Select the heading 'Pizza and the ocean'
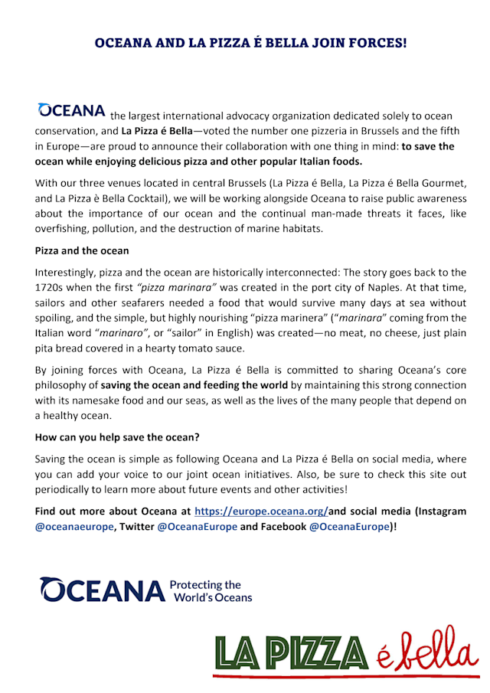click(x=82, y=250)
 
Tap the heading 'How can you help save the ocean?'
click(x=117, y=439)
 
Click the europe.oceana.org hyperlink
click(x=262, y=511)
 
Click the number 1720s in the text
click(x=52, y=287)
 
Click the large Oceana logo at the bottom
click(x=103, y=590)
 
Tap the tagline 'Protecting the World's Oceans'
click(x=211, y=590)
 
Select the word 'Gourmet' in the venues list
click(x=424, y=184)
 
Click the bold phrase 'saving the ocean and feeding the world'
click(x=194, y=384)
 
